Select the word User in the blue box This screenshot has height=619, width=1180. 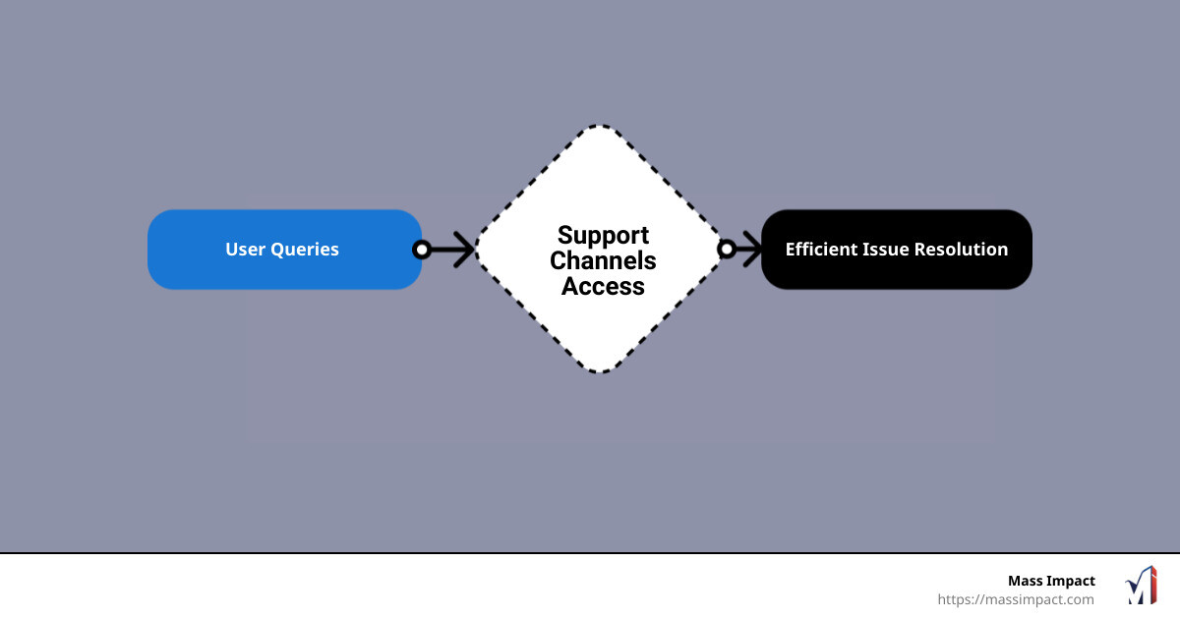point(244,250)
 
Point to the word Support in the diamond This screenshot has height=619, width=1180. point(603,235)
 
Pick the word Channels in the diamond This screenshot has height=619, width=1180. point(603,260)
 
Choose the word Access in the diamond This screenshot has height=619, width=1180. point(603,287)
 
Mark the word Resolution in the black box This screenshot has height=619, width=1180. point(961,250)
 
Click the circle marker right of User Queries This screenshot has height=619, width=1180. point(422,250)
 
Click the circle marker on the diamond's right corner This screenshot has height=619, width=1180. point(727,250)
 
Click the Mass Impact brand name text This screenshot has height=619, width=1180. point(1050,581)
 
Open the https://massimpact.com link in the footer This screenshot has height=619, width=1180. point(1015,599)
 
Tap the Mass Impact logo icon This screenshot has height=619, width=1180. point(1141,586)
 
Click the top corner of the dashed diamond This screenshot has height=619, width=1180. point(602,128)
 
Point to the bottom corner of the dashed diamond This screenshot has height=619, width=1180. point(602,370)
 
